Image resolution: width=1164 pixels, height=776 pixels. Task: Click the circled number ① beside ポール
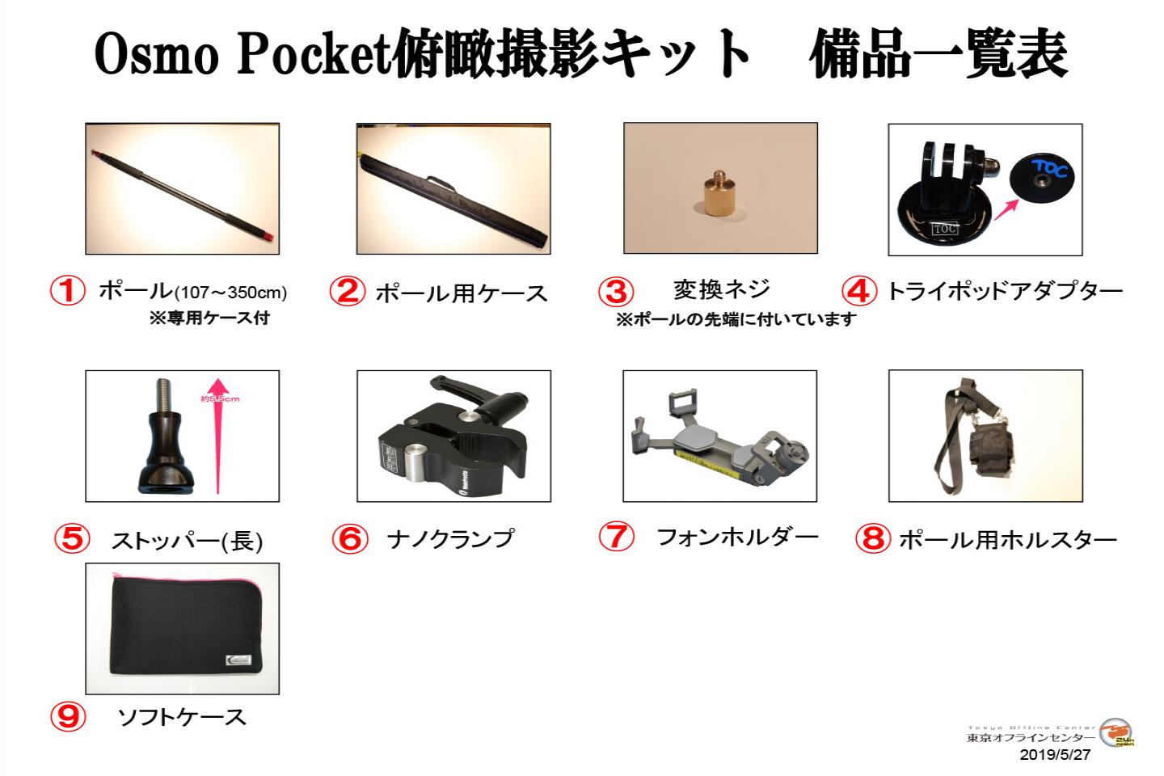pyautogui.click(x=68, y=291)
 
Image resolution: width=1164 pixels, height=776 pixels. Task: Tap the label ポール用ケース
pyautogui.click(x=461, y=293)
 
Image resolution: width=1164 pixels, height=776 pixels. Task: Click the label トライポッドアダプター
pyautogui.click(x=1005, y=291)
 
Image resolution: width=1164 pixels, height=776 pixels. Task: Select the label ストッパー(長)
pyautogui.click(x=187, y=540)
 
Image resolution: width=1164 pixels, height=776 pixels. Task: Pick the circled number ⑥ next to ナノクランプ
pyautogui.click(x=349, y=539)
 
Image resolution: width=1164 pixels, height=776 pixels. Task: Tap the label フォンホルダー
pyautogui.click(x=736, y=537)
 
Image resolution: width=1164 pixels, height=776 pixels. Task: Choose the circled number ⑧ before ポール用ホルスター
pyautogui.click(x=872, y=539)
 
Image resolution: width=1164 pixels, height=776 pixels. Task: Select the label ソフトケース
pyautogui.click(x=181, y=716)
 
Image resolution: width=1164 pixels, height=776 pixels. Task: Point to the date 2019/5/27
pyautogui.click(x=1055, y=755)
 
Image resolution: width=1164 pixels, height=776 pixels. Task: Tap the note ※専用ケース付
pyautogui.click(x=209, y=318)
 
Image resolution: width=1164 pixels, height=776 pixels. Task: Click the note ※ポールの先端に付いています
pyautogui.click(x=736, y=320)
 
